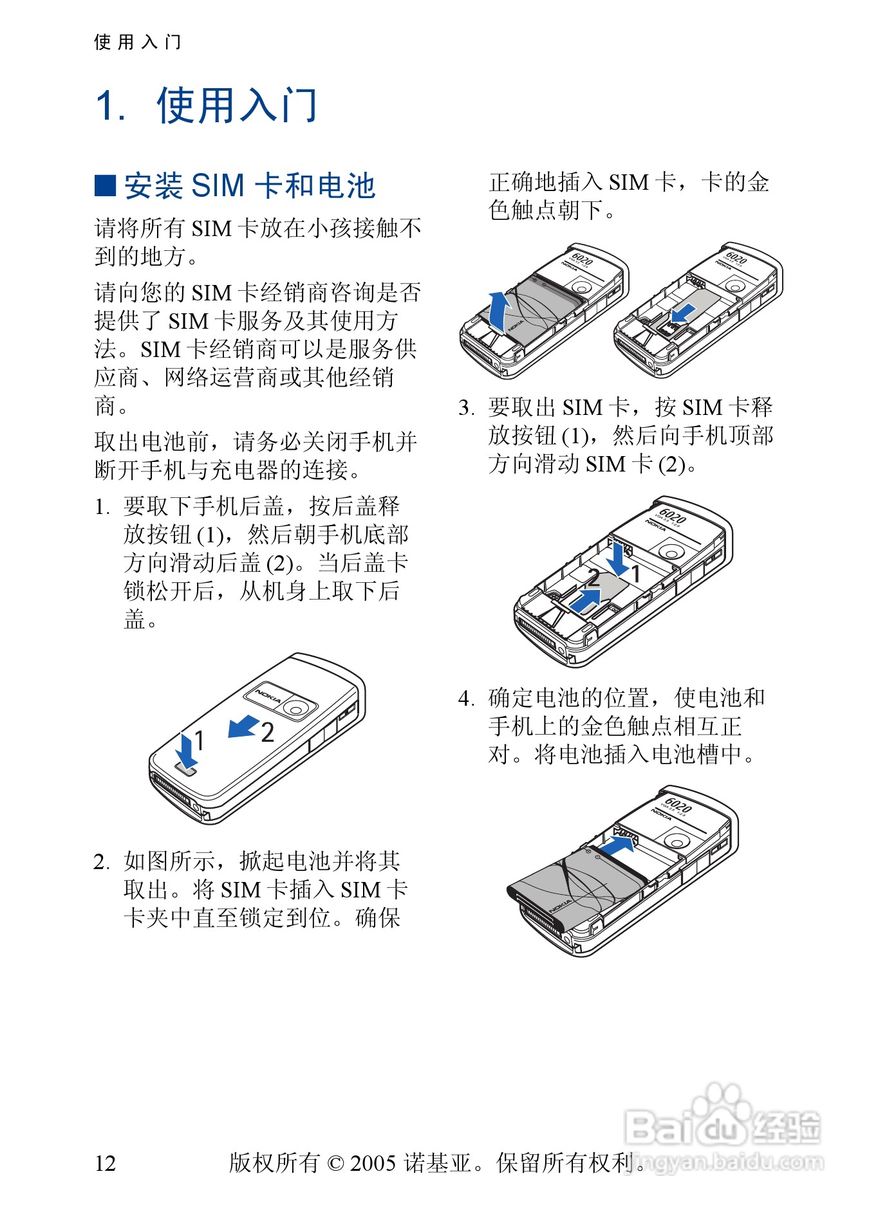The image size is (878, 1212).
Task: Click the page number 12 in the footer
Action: [x=106, y=1163]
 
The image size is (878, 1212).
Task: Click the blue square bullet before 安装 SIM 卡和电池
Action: [x=105, y=185]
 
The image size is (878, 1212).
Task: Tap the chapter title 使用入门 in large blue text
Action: [x=237, y=106]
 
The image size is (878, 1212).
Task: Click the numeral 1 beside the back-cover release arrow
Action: [x=200, y=740]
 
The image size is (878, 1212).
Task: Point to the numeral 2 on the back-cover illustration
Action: [x=268, y=733]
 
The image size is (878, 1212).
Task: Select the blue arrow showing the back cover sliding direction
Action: [x=243, y=727]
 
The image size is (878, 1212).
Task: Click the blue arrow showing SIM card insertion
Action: [x=682, y=314]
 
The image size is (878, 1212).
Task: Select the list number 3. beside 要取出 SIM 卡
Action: [x=466, y=408]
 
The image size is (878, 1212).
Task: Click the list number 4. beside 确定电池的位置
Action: [x=466, y=699]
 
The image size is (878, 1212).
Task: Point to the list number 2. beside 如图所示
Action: [x=102, y=862]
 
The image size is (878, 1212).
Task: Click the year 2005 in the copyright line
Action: [x=373, y=1163]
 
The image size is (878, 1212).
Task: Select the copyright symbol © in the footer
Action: [x=335, y=1163]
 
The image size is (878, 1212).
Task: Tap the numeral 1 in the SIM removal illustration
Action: [x=635, y=573]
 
